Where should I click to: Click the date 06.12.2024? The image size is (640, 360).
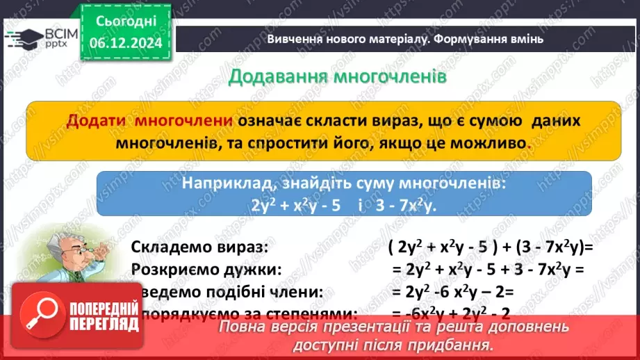125,44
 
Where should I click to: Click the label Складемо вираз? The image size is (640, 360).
199,247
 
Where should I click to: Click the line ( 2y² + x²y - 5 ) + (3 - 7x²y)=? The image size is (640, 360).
490,247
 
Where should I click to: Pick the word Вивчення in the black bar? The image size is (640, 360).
292,39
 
